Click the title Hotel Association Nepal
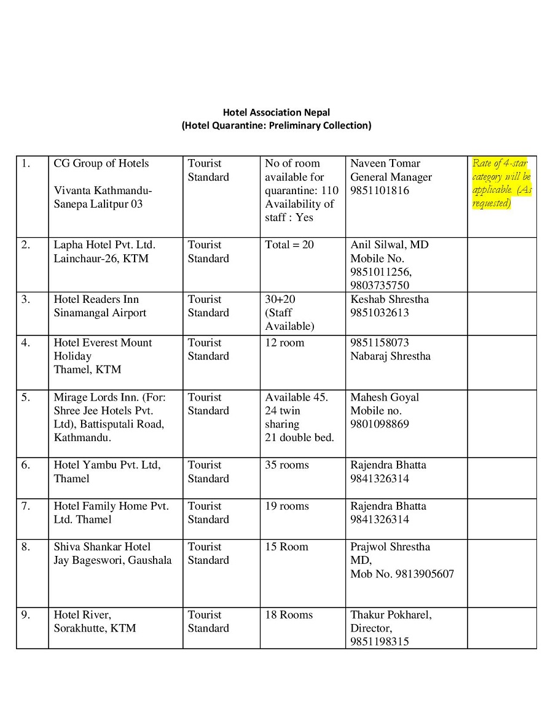click(x=276, y=112)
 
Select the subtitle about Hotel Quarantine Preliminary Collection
click(x=276, y=126)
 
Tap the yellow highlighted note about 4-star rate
click(x=501, y=183)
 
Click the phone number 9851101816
click(x=380, y=190)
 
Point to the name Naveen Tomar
click(x=385, y=163)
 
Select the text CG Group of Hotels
click(x=101, y=163)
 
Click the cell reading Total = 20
click(x=289, y=244)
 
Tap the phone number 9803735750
click(x=380, y=285)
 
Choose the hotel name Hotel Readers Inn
click(x=96, y=299)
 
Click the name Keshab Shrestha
click(x=390, y=299)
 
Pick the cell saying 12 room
click(x=284, y=342)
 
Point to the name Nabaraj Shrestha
click(x=390, y=356)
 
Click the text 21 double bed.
click(x=300, y=438)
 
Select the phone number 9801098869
click(x=380, y=424)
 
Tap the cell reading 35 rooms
click(x=287, y=465)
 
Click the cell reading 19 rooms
click(x=287, y=506)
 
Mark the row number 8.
click(x=25, y=547)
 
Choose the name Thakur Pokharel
click(x=391, y=615)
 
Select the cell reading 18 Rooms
click(x=289, y=615)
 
